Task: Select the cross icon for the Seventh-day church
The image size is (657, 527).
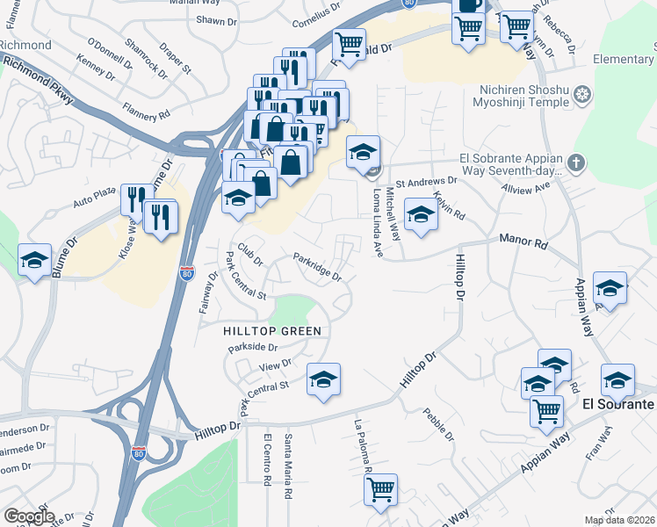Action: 575,161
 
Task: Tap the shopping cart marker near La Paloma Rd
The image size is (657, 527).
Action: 381,490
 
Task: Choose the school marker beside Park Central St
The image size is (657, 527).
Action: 323,379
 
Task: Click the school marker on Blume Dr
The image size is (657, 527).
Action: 34,260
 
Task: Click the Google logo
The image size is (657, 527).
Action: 29,516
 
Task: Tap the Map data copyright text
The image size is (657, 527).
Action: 619,520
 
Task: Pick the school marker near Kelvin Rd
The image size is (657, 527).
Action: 421,214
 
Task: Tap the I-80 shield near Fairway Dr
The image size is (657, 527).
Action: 186,272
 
